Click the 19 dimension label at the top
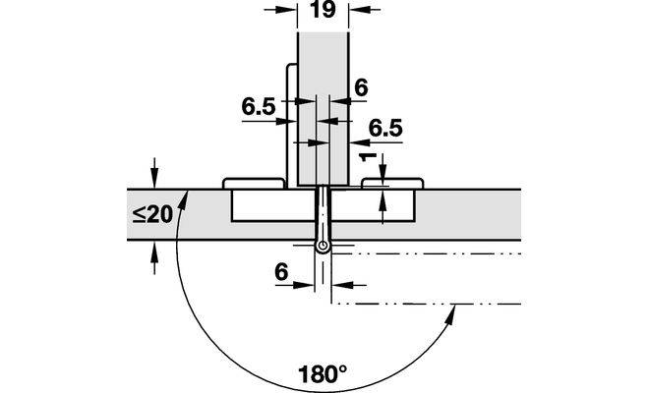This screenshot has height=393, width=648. tap(323, 10)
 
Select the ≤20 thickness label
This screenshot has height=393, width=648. tap(152, 214)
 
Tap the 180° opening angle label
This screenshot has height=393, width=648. tap(323, 374)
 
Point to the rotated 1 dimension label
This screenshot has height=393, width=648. tap(368, 157)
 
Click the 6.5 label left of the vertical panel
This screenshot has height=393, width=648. tap(259, 107)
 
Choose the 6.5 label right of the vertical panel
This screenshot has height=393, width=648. tap(385, 129)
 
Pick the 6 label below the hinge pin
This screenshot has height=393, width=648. tap(281, 272)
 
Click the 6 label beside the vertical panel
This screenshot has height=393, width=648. tap(361, 87)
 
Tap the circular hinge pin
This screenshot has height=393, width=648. tap(323, 247)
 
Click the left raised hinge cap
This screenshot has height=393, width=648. tap(254, 184)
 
